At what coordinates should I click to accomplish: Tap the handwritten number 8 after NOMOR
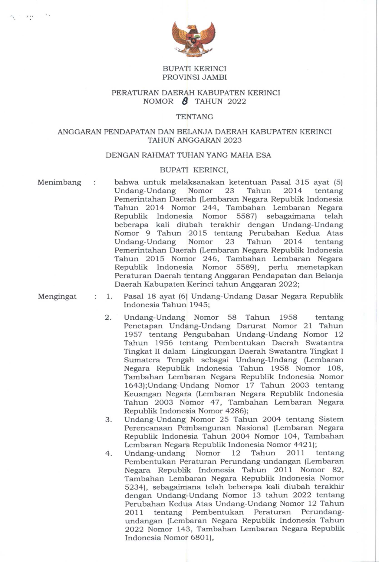pyautogui.click(x=185, y=101)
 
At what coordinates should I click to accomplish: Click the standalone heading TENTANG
pyautogui.click(x=194, y=117)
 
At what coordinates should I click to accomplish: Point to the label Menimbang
pyautogui.click(x=59, y=182)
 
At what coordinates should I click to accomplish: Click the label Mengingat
pyautogui.click(x=57, y=296)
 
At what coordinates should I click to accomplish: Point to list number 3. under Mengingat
pyautogui.click(x=109, y=420)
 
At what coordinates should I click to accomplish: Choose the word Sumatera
pyautogui.click(x=139, y=360)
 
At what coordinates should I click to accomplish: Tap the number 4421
pyautogui.click(x=305, y=445)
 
